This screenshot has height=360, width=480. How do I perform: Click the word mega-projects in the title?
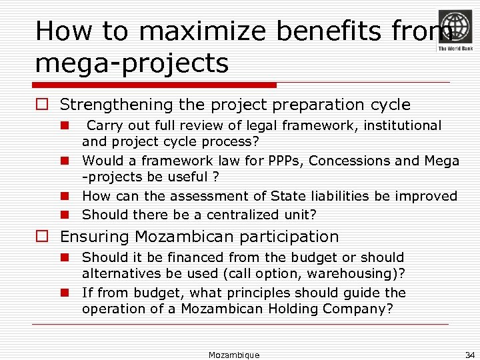[x=132, y=64]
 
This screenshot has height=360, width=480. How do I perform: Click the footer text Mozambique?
[x=234, y=355]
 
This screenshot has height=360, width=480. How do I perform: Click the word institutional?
[x=399, y=125]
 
